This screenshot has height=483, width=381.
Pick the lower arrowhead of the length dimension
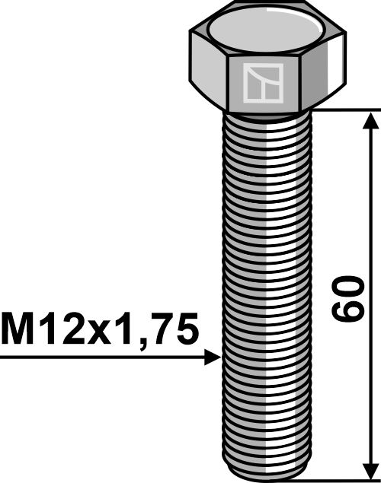tap(370, 469)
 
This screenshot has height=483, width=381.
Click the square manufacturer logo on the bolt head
tap(262, 83)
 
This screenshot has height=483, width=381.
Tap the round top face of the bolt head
tap(264, 32)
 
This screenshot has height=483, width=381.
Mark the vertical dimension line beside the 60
tap(370, 228)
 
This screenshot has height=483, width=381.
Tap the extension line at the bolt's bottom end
tap(343, 480)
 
